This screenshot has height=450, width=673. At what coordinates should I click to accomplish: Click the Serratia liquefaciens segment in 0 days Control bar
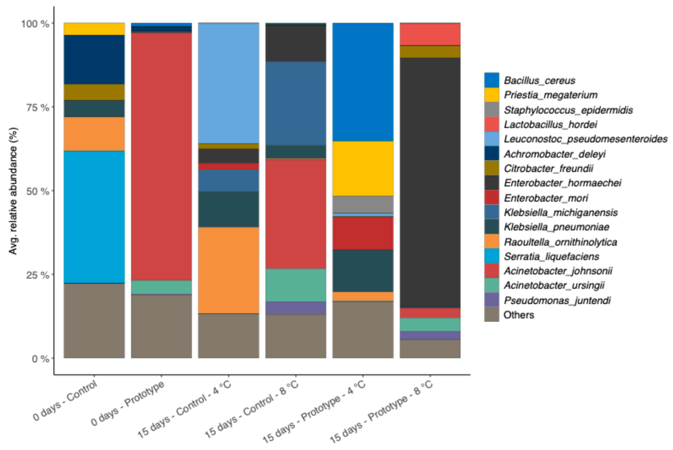coord(94,217)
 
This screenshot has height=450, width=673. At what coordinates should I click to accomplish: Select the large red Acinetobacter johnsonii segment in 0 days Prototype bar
coord(161,156)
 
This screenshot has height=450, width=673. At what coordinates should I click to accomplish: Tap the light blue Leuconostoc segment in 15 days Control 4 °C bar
coord(228,83)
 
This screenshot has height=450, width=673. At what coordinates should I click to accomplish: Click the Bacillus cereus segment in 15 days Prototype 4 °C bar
coord(363,82)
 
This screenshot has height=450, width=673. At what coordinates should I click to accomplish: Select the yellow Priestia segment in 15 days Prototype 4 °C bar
coord(363,168)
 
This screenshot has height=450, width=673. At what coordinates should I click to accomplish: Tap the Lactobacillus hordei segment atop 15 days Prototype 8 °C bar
coord(430,34)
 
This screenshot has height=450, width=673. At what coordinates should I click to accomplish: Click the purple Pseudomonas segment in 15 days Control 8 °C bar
coord(296,308)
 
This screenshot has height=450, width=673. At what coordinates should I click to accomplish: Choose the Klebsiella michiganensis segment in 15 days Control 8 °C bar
coord(296,103)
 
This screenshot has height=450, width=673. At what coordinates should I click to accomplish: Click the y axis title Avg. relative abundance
coord(13,191)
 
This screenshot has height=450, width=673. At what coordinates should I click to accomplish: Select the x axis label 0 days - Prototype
coord(128,403)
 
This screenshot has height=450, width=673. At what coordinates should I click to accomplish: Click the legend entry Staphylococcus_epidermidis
coord(568,110)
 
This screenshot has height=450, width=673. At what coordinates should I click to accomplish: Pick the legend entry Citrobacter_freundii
coord(548,168)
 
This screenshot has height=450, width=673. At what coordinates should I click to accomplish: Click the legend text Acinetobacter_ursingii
coord(554,285)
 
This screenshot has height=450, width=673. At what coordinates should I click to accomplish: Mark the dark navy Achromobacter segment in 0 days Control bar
coord(94,60)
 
